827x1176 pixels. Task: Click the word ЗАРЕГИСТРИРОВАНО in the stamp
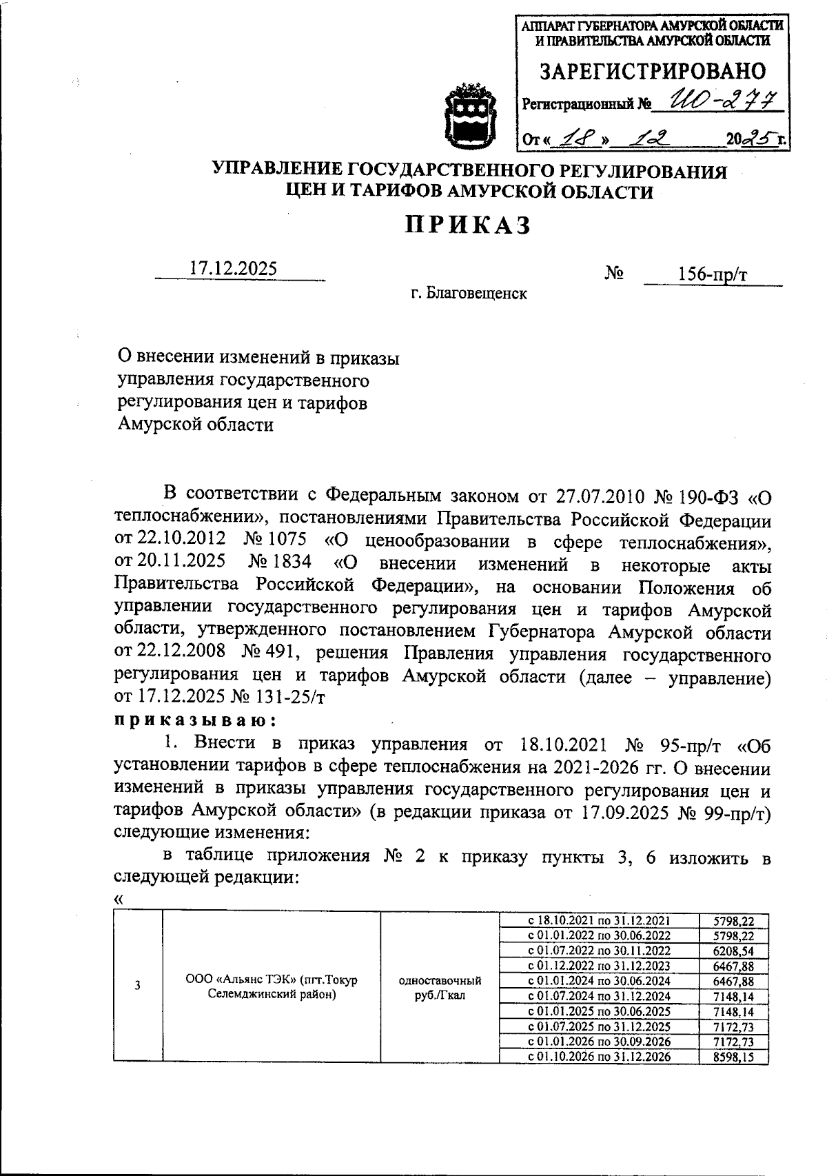[x=651, y=72]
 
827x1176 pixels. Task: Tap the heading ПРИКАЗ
[x=468, y=225]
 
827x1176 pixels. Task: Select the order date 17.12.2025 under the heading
[x=234, y=268]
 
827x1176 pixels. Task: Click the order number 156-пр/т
[x=712, y=274]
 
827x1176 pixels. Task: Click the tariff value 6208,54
[x=733, y=951]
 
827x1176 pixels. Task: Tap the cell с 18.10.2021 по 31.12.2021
[x=598, y=921]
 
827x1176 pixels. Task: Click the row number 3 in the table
[x=138, y=986]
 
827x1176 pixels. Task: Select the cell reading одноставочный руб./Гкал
[x=440, y=988]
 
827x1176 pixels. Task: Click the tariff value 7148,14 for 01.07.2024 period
[x=733, y=997]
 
